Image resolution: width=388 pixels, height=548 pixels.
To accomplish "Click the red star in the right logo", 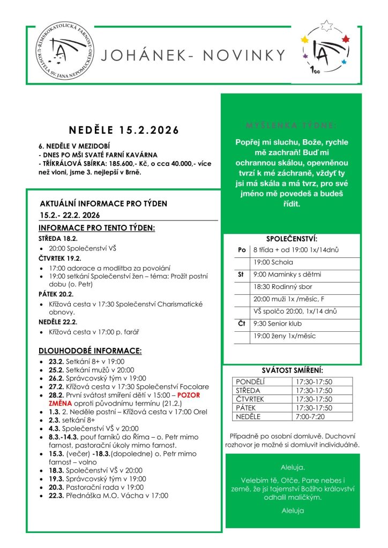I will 345,38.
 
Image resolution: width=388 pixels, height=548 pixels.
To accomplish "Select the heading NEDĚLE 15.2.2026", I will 123,130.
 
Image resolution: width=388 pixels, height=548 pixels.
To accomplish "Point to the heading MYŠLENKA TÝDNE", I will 292,126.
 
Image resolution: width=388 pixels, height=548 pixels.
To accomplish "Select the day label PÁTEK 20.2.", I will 56,294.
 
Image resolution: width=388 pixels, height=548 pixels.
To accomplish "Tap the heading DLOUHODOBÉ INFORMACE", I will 90,351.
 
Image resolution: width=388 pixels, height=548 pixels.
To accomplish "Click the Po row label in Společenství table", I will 242,250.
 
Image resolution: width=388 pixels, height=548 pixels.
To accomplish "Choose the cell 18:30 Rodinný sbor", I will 279,287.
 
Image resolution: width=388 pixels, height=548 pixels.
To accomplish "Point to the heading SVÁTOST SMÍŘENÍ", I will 293,370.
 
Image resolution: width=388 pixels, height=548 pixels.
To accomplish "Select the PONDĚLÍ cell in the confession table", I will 251,382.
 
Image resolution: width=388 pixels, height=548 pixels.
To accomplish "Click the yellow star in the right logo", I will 305,40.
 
